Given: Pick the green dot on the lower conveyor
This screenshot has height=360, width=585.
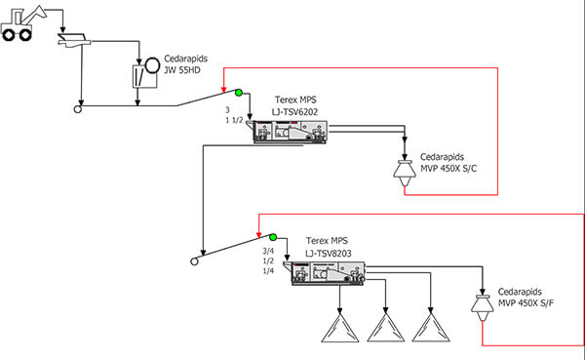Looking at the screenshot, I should pyautogui.click(x=274, y=236).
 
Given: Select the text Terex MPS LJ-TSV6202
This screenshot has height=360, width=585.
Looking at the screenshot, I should pyautogui.click(x=293, y=105).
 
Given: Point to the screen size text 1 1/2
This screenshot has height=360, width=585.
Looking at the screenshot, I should pyautogui.click(x=233, y=123).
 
